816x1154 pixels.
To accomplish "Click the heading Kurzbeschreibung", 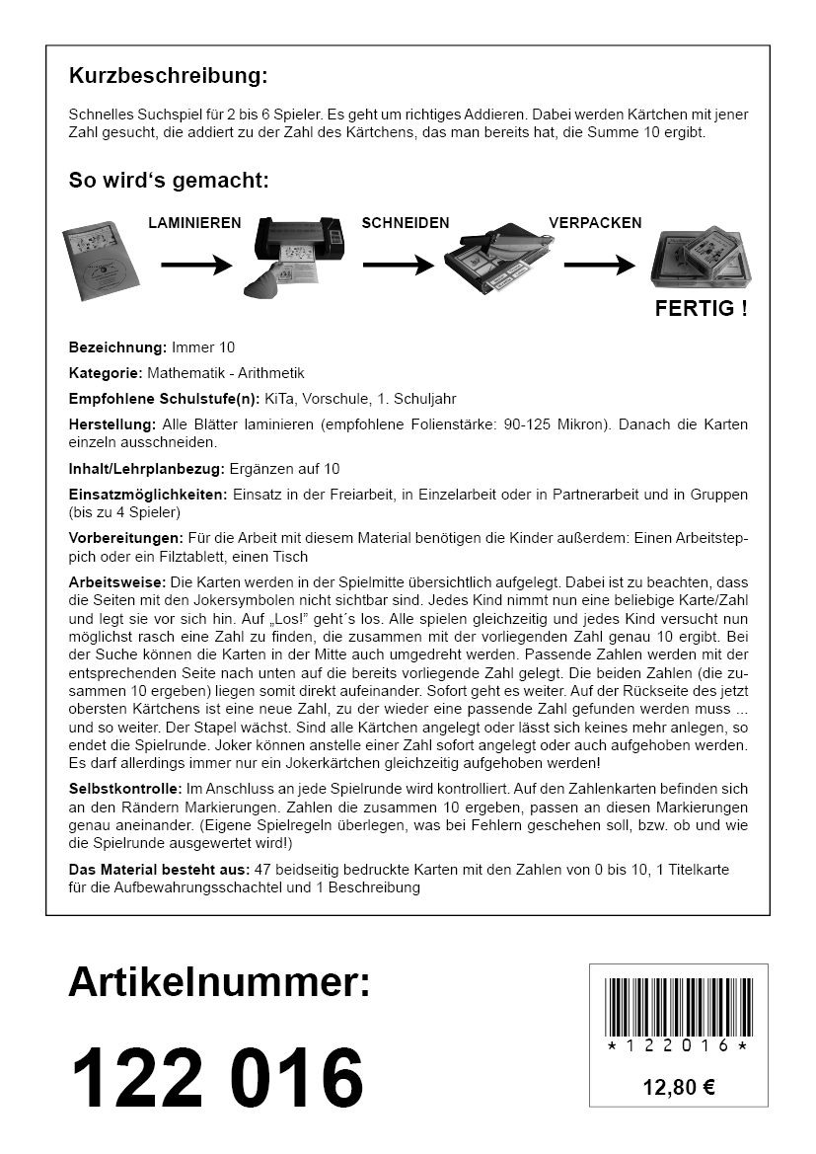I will point(168,76).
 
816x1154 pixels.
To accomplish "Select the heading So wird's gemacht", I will point(169,181).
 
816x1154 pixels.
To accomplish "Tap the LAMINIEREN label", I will point(194,223).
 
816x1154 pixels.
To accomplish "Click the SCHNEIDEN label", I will point(406,223).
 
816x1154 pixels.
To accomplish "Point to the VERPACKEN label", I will point(595,223).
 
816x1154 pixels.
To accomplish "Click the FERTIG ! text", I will point(701,309).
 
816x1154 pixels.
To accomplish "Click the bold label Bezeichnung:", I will point(117,348).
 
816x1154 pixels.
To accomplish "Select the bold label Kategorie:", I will point(106,373).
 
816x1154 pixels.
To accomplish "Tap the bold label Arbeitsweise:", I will point(116,580).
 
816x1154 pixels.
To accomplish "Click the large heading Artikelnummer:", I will point(219,982).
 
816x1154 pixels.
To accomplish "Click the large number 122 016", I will point(217,1076).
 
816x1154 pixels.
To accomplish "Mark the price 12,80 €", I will point(679,1088).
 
